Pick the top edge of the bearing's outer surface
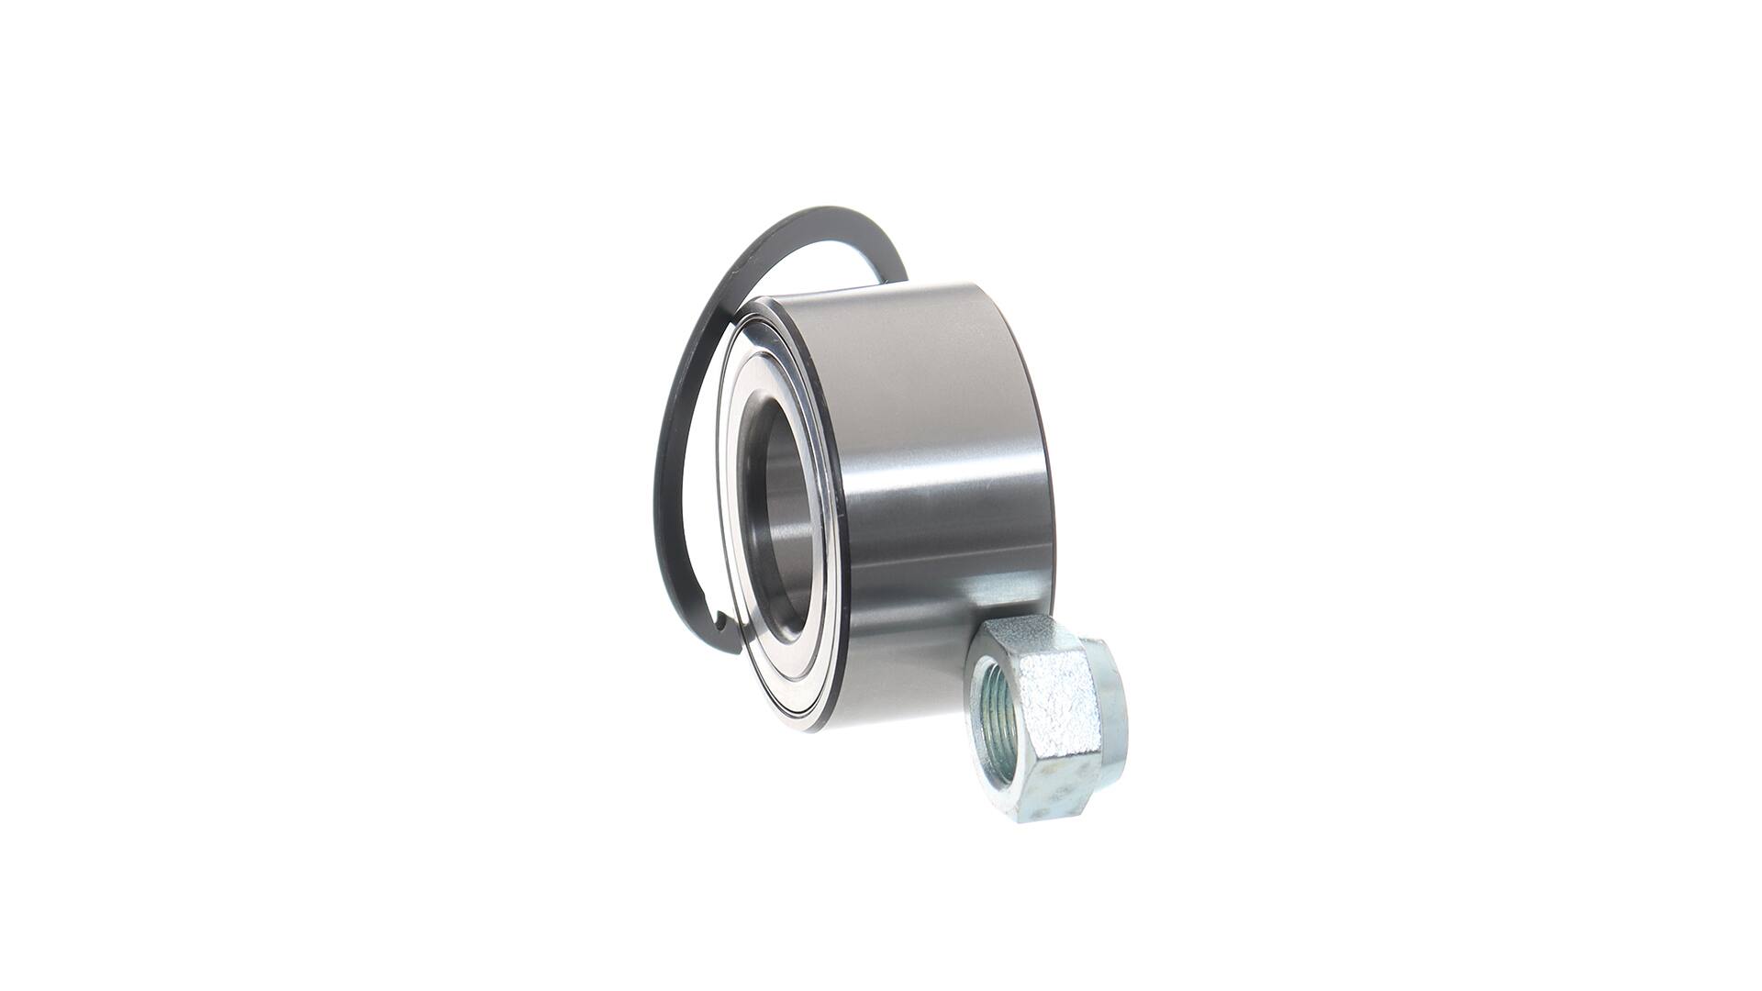(881, 294)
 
